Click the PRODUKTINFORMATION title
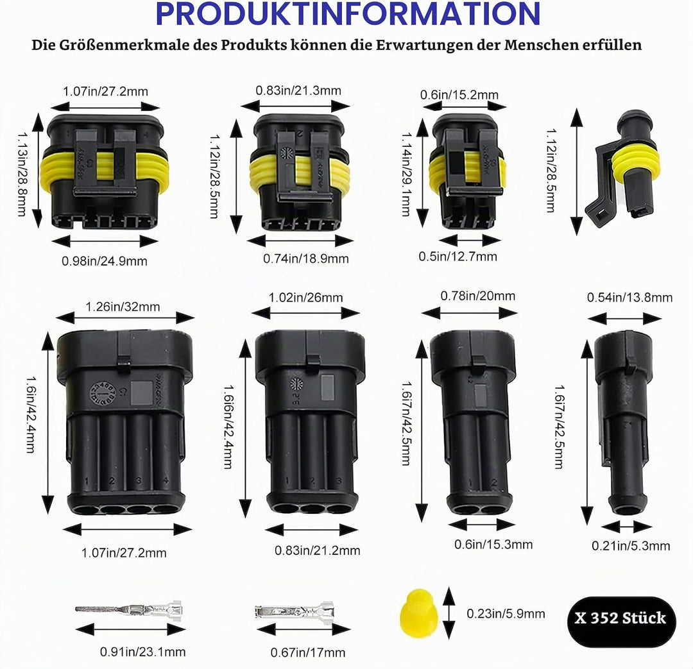(348, 13)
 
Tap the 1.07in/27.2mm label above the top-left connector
(106, 92)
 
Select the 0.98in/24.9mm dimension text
(105, 261)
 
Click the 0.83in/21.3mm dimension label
(298, 90)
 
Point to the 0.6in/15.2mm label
(459, 94)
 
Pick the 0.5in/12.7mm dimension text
(458, 257)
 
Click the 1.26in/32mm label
(123, 307)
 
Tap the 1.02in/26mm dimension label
(306, 298)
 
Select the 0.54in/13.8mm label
(630, 298)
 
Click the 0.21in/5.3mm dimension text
(631, 546)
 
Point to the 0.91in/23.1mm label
(142, 652)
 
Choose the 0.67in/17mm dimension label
(308, 652)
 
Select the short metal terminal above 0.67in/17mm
(295, 612)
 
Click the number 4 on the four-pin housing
(166, 480)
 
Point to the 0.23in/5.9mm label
(506, 614)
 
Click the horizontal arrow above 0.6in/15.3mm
(481, 525)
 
